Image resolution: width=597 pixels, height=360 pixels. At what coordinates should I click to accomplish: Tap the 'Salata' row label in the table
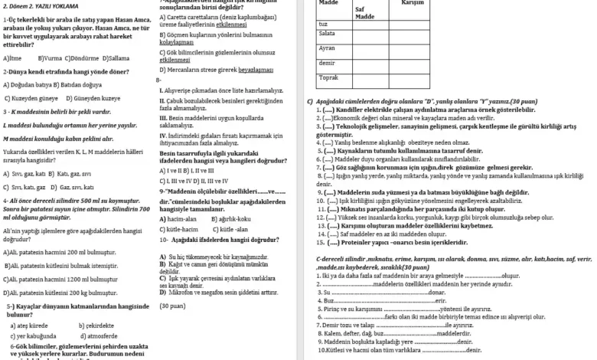(327, 34)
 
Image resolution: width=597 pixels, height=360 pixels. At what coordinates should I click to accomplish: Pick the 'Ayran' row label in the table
(327, 48)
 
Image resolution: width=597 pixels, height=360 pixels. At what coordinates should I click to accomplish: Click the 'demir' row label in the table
(327, 62)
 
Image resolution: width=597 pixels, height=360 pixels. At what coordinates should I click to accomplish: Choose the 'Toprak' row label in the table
(328, 77)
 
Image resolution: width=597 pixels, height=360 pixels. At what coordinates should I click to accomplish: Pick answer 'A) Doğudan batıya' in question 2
(30, 85)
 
